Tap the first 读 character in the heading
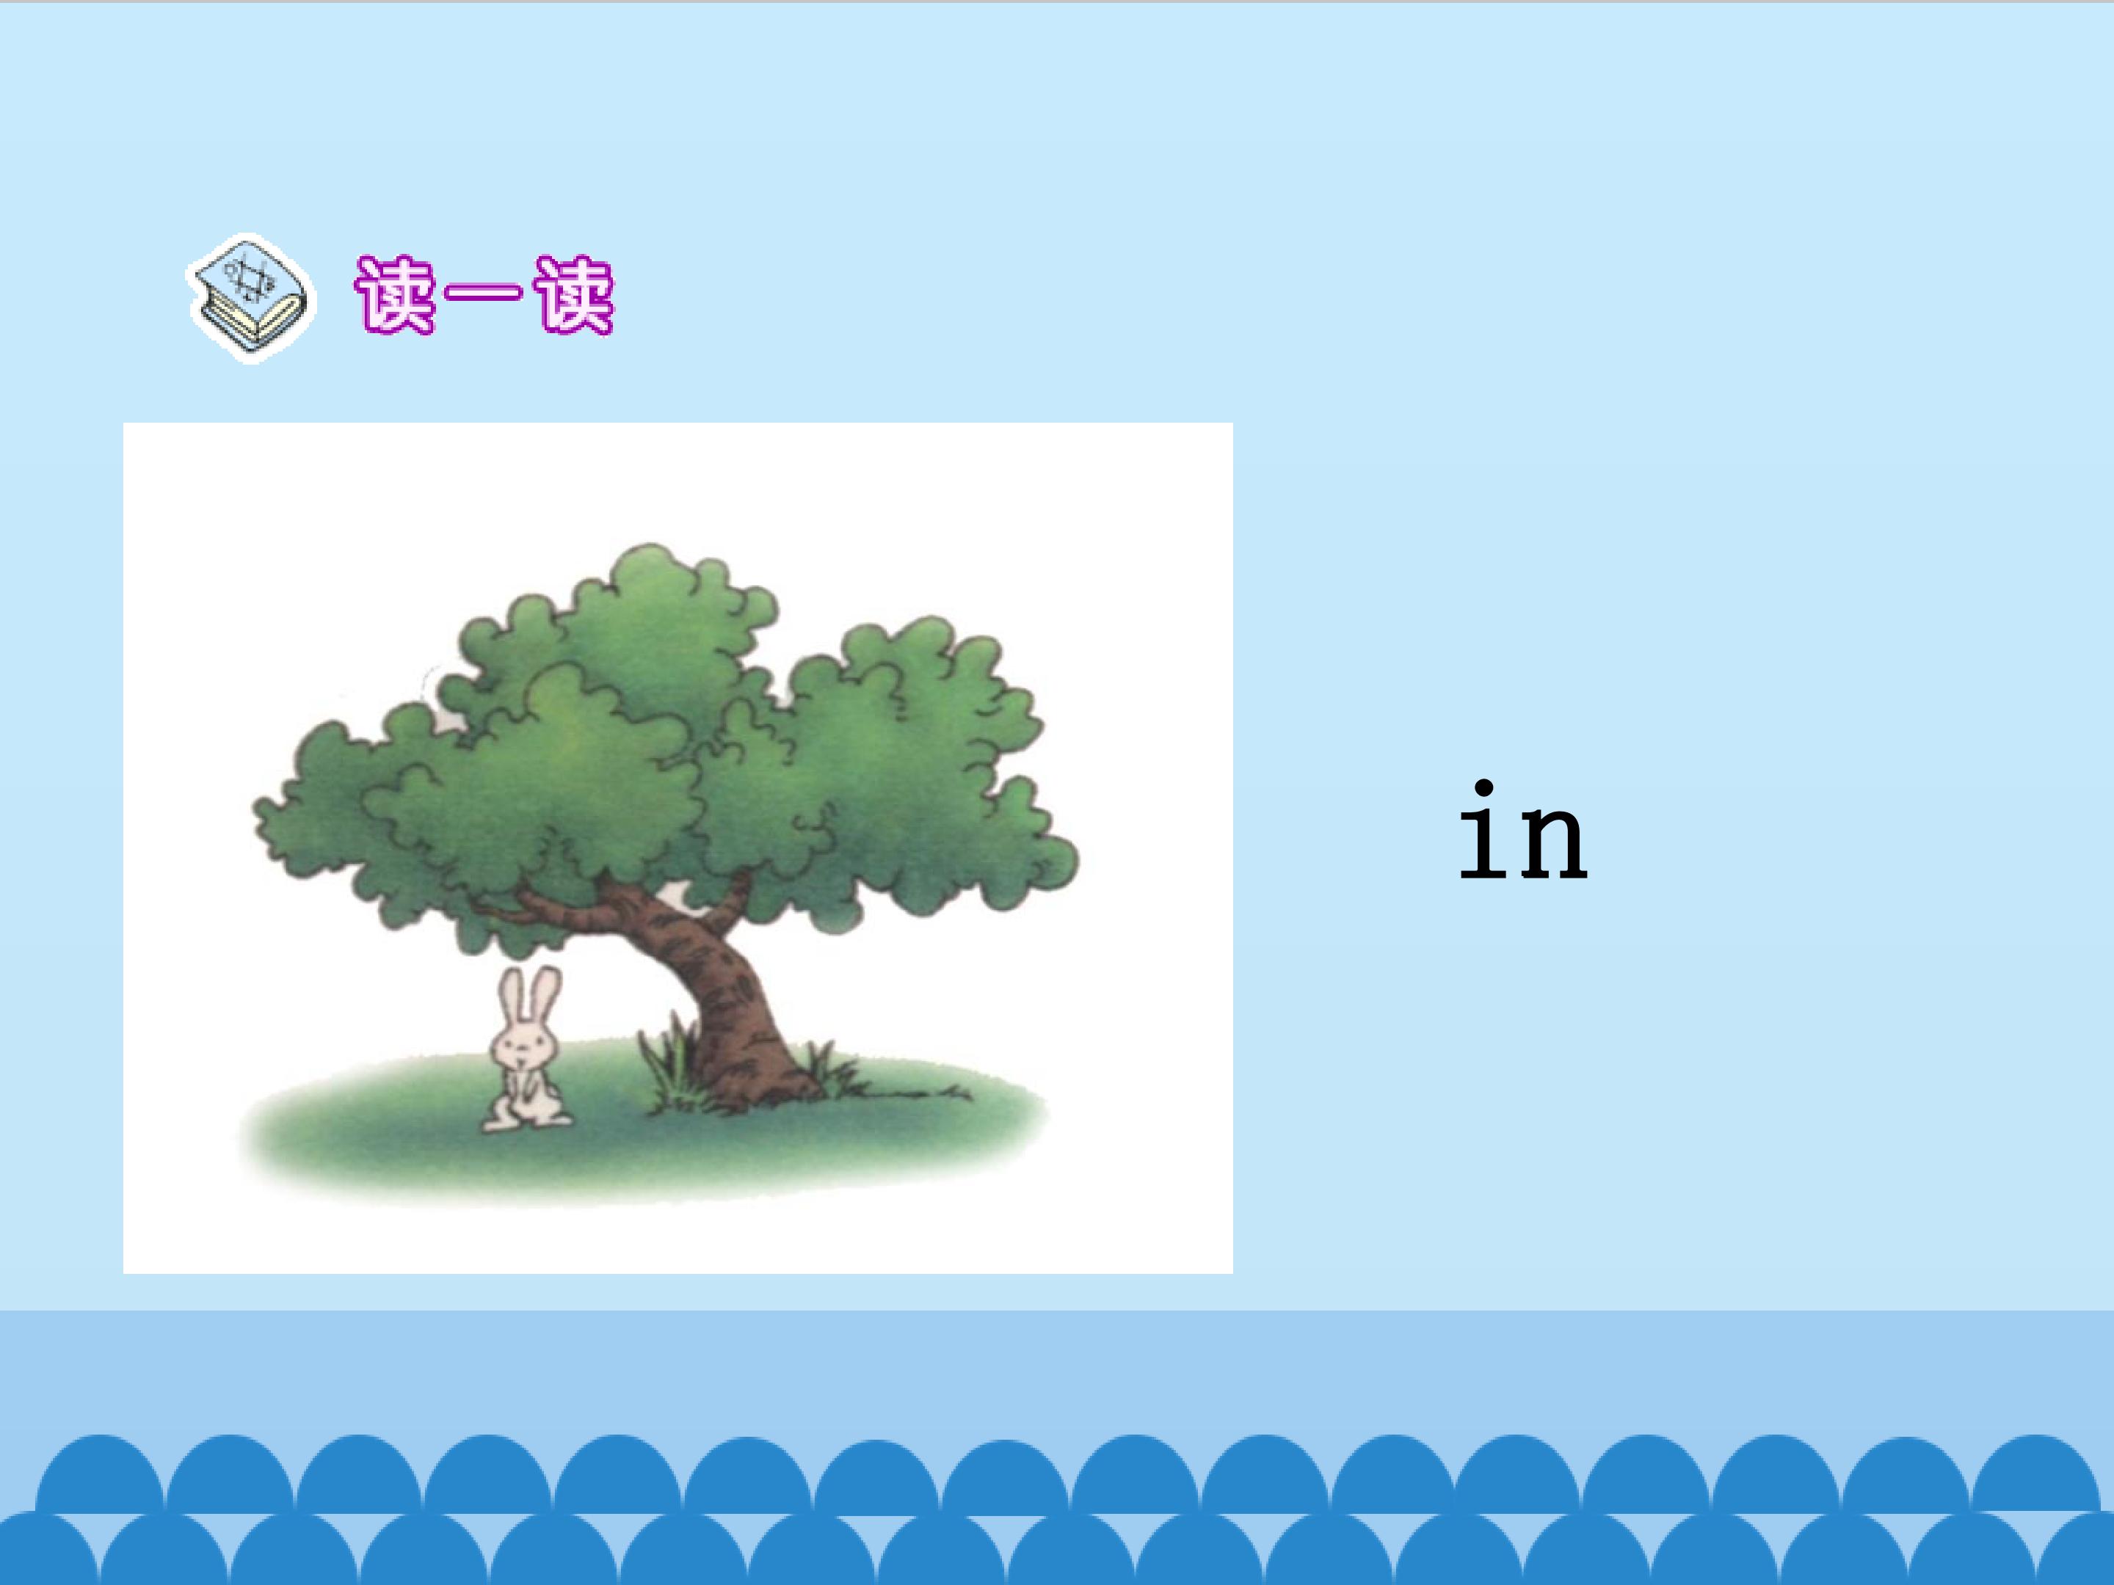393,295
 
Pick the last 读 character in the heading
573,295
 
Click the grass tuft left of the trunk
669,1065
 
